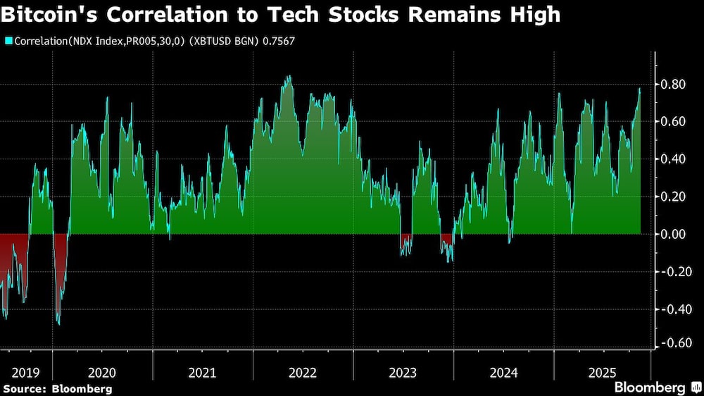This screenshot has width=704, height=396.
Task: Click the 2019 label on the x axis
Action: point(25,372)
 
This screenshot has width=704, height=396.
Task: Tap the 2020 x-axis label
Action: point(102,372)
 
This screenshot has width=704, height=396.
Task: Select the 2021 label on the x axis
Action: point(203,372)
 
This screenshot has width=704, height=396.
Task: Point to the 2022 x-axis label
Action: point(303,372)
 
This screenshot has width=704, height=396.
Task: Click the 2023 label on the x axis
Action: point(403,372)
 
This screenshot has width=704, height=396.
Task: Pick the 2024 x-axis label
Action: point(503,372)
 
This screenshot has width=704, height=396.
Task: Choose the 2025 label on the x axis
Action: point(603,372)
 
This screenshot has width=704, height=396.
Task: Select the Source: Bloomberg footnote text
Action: point(58,388)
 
